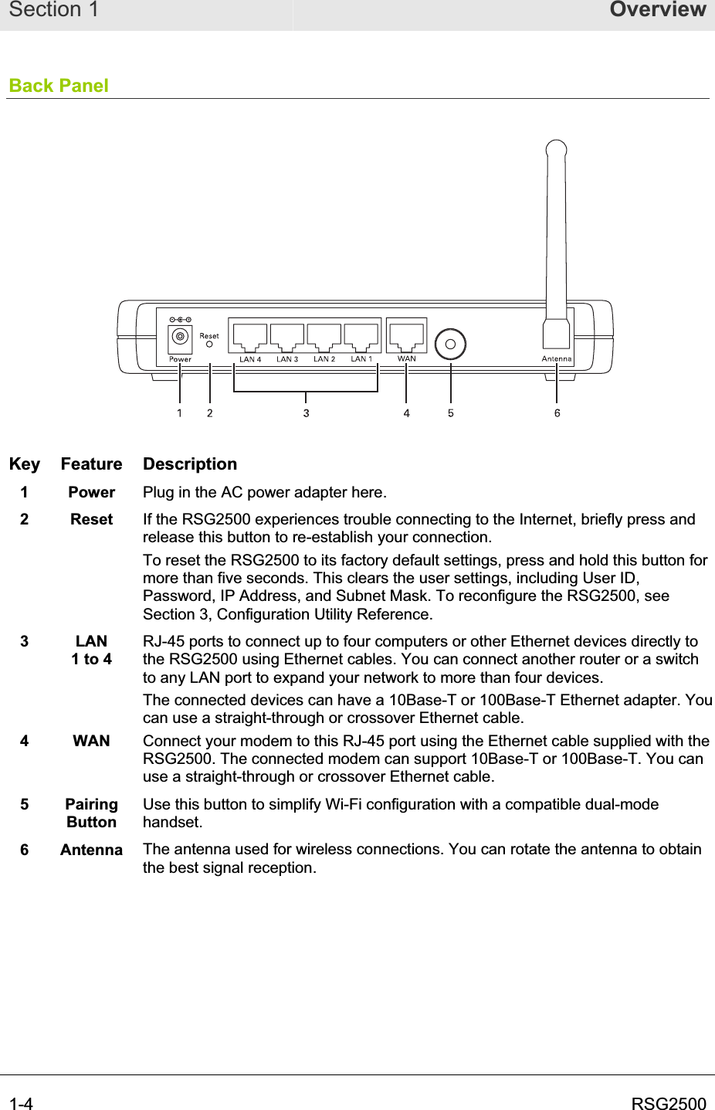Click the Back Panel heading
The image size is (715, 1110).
click(x=59, y=86)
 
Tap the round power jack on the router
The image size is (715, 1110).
click(x=180, y=337)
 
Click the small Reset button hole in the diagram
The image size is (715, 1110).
click(x=209, y=345)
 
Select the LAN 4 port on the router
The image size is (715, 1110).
click(x=250, y=337)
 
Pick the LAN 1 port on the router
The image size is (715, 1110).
click(x=361, y=337)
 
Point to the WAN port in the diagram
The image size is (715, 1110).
click(x=407, y=336)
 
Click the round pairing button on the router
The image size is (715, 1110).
click(x=450, y=345)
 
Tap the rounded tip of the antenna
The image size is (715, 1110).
click(x=556, y=148)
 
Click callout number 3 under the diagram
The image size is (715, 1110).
click(x=307, y=413)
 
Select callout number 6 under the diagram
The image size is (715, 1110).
click(x=557, y=413)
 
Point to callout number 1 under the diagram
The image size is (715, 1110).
click(x=180, y=413)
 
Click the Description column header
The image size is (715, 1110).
click(x=190, y=464)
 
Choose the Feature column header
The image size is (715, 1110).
click(x=91, y=464)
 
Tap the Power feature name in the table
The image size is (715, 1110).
click(x=91, y=492)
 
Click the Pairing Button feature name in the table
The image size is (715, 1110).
click(x=91, y=813)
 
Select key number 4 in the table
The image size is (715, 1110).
click(x=25, y=741)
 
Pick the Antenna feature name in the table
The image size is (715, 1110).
click(x=91, y=850)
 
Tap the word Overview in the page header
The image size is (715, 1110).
click(x=658, y=10)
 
